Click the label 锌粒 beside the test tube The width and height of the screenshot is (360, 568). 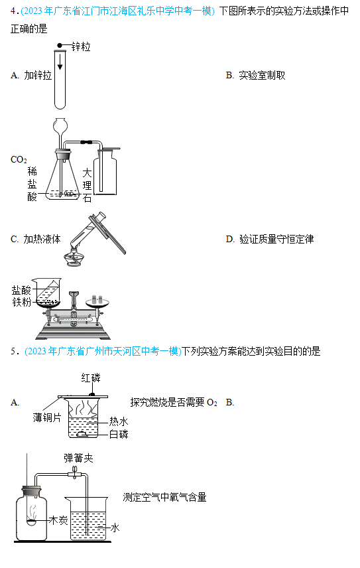81,46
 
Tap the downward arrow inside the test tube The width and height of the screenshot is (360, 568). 60,62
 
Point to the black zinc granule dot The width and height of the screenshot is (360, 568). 60,45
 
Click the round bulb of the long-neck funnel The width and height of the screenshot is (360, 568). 60,125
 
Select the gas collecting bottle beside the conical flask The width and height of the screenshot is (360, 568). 105,171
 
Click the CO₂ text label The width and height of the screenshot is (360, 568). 19,160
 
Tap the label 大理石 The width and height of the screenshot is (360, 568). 87,185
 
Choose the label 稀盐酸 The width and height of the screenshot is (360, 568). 32,184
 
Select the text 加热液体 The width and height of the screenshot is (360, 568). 42,239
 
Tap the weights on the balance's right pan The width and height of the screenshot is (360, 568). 97,299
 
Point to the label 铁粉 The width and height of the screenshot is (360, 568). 22,302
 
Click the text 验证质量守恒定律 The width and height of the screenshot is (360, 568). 276,239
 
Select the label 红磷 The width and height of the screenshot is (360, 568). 90,378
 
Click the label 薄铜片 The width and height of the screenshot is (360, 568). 47,417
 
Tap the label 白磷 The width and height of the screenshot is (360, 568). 119,434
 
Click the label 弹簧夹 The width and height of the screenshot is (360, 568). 78,459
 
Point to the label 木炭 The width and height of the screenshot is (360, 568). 58,520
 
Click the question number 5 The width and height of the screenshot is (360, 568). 13,352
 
